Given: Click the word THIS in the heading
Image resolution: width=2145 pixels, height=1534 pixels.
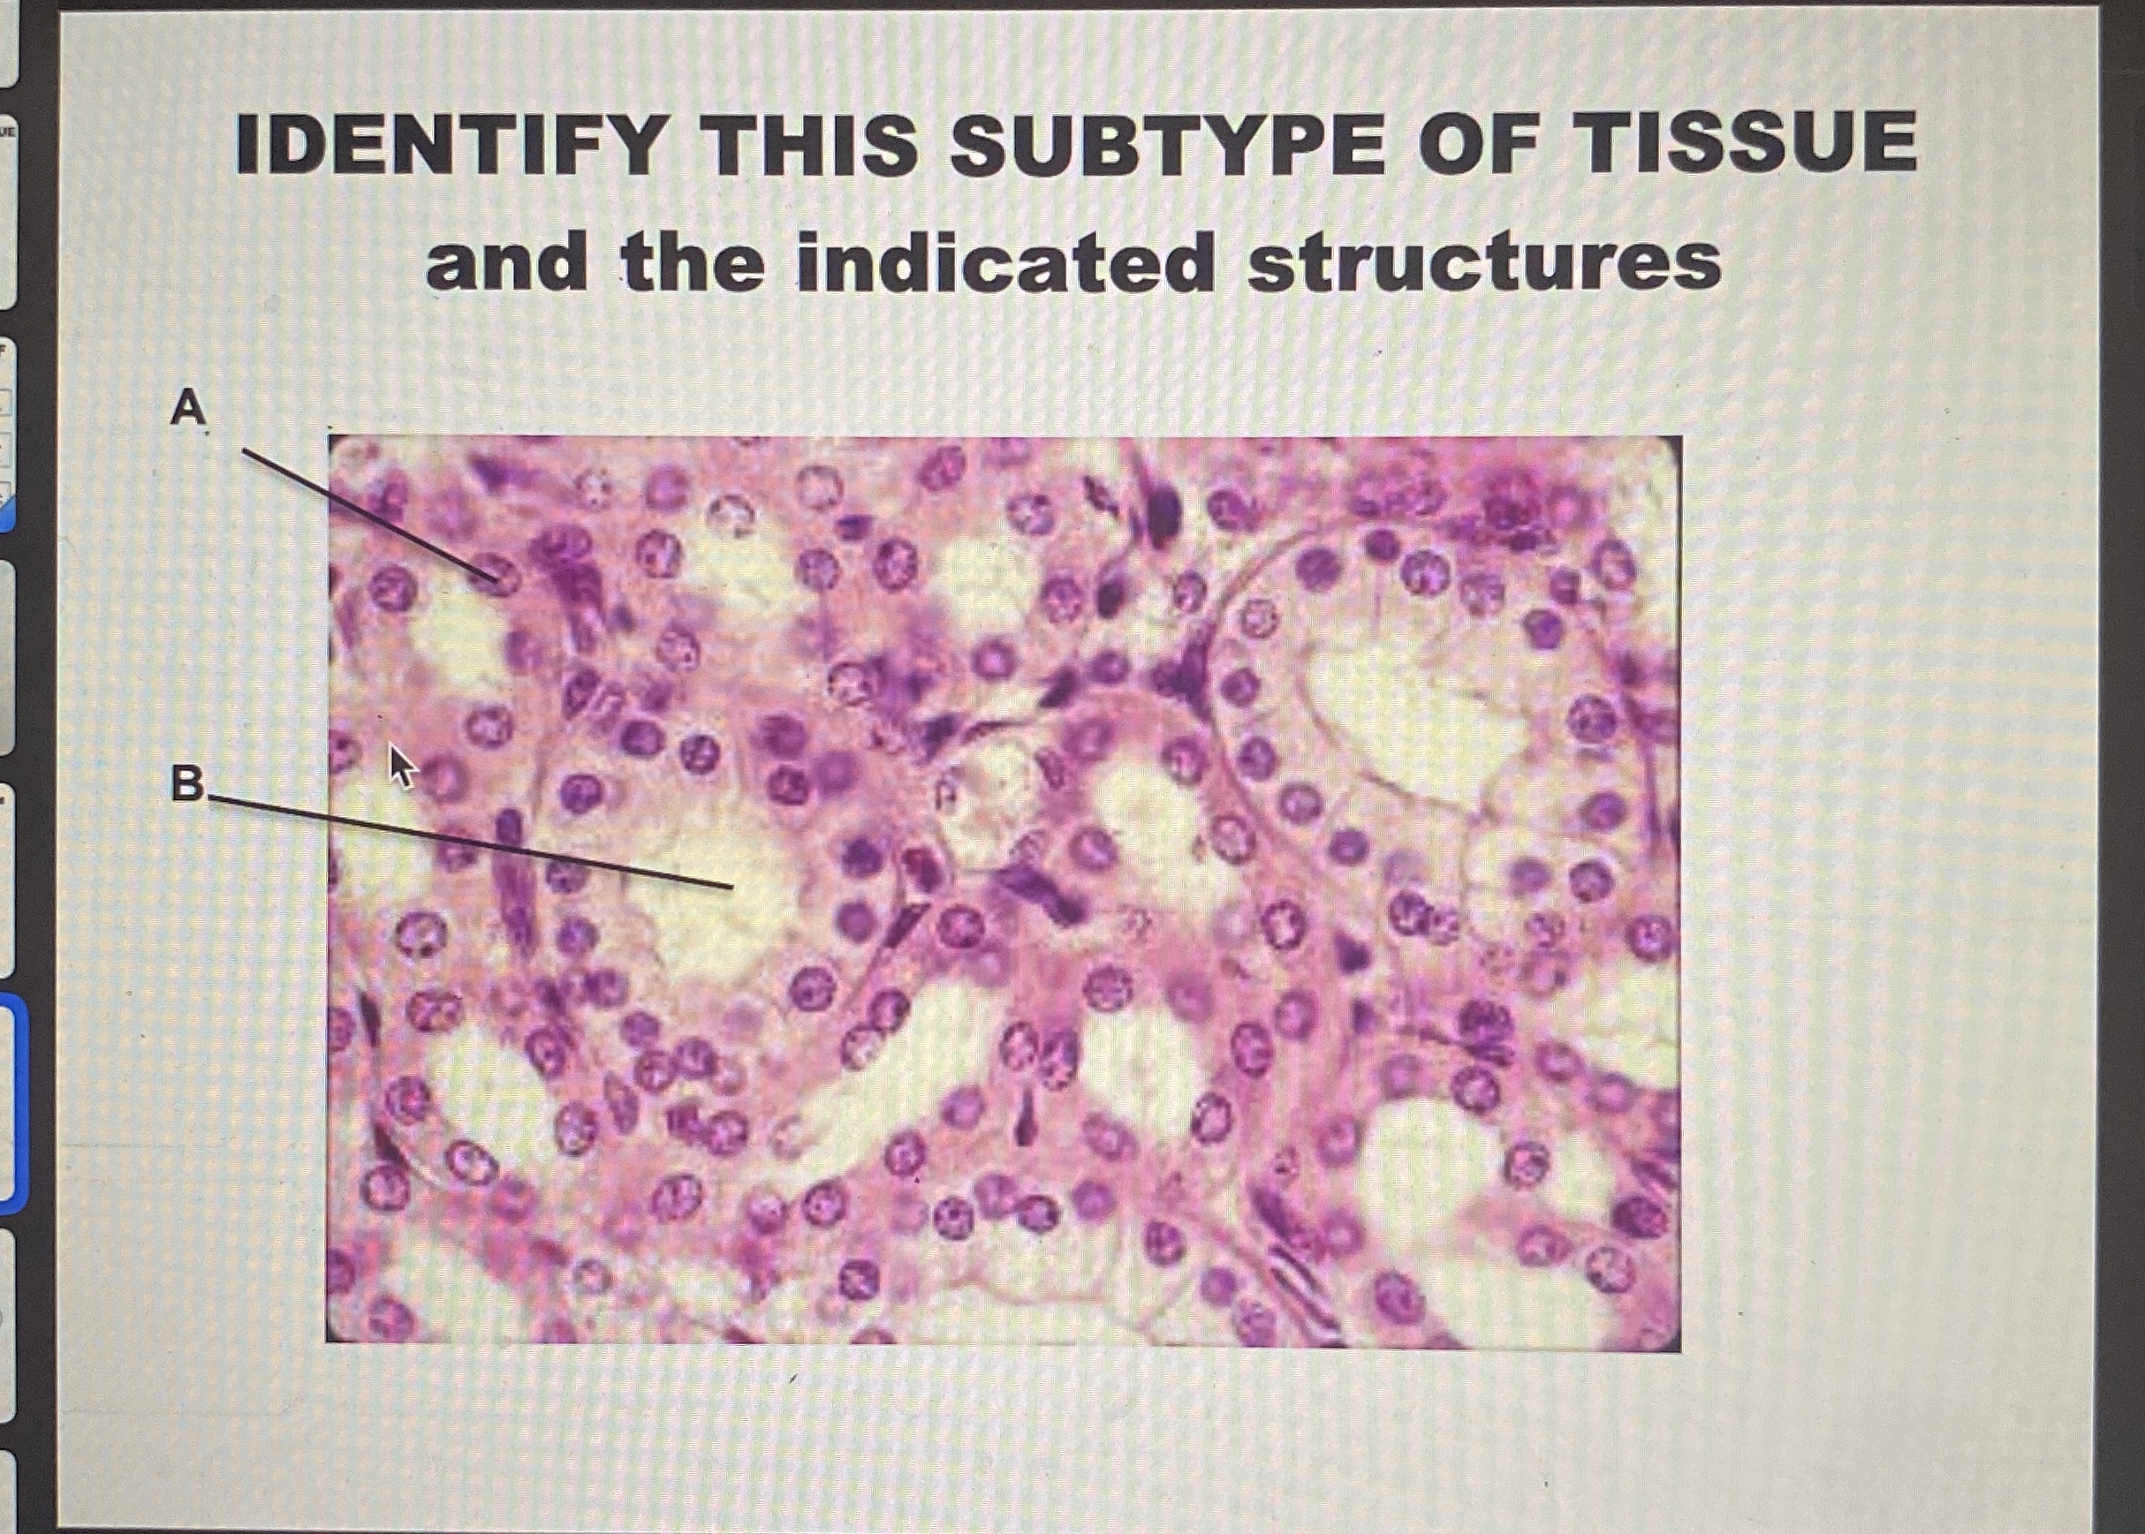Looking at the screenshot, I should pos(814,144).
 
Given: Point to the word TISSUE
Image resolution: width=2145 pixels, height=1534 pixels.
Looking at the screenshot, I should pos(1749,144).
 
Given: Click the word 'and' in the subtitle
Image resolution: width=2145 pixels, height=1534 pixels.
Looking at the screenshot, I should pos(505,261).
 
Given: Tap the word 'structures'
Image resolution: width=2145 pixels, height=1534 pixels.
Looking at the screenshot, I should pos(1483,261).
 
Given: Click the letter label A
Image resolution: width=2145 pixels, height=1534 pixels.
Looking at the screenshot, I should pos(188,408).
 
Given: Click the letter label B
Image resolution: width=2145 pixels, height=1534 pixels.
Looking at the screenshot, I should pos(186,783).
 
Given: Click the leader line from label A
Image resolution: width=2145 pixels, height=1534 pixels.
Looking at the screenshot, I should pos(368,513).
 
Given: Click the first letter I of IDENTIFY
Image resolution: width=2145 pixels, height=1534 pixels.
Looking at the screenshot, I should pos(247,144).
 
